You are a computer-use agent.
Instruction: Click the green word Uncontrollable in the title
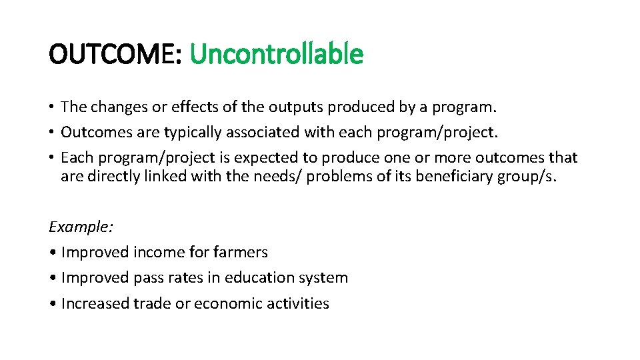click(276, 54)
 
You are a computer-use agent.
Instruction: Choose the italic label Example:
click(81, 227)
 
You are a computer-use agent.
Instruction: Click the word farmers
click(243, 253)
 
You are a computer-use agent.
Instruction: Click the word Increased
click(95, 304)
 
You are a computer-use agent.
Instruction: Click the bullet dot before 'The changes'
click(51, 107)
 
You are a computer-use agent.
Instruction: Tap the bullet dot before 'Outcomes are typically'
click(51, 133)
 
